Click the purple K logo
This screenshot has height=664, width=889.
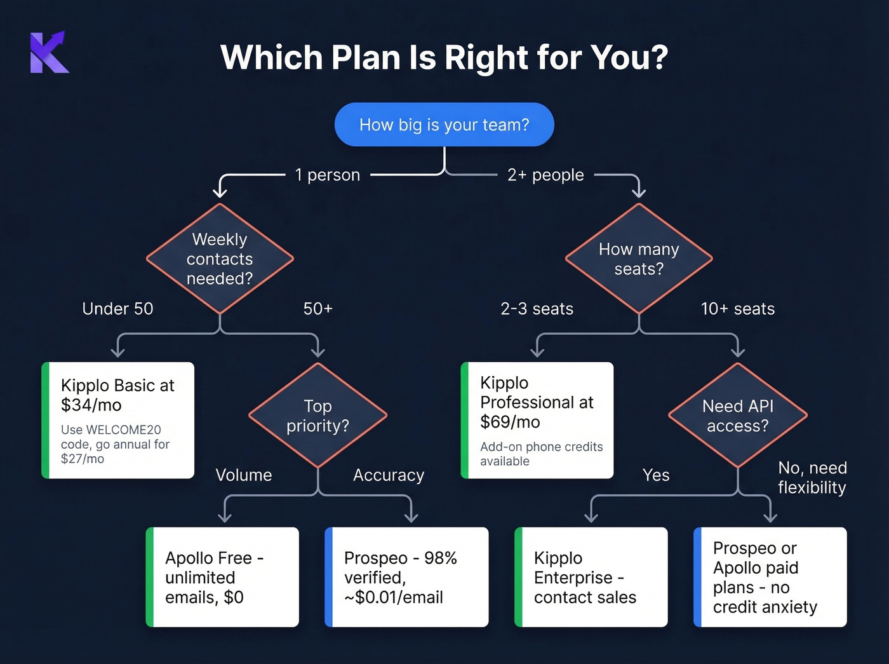49,52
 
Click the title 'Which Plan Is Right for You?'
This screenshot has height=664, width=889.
444,57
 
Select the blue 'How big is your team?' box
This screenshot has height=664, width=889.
444,125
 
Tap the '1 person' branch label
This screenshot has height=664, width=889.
327,175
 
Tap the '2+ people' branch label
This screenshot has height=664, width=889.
545,175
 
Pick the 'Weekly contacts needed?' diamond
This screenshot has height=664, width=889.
220,259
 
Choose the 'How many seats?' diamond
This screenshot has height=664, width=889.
639,259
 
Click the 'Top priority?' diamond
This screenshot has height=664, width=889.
317,416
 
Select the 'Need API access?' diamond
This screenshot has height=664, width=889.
738,416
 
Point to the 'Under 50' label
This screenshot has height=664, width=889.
117,309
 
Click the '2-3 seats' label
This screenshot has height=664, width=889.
537,309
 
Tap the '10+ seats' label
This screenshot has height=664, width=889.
737,309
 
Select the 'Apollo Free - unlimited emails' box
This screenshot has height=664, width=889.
222,577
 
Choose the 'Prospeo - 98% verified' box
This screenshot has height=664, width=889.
406,577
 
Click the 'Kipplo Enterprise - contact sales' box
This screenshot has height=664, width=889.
591,577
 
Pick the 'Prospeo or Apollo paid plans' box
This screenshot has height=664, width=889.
770,577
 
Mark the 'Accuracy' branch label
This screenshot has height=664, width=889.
388,475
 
